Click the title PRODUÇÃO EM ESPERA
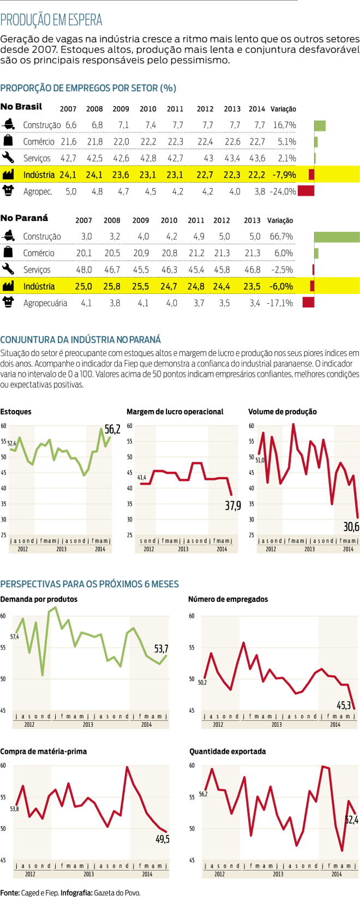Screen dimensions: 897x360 pos(51,21)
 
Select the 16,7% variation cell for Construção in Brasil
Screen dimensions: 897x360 pos(284,125)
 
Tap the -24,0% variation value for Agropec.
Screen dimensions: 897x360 pos(283,191)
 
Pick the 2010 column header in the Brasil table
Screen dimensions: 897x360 pos(148,109)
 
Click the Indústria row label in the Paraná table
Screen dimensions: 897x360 pos(39,286)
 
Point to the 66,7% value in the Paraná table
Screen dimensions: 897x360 pos(281,237)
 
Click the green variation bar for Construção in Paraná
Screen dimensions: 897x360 pos(337,237)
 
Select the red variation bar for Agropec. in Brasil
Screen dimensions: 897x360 pos(306,191)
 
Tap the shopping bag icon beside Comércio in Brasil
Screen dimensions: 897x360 pos(8,141)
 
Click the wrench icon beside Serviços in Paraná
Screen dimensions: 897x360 pos(8,269)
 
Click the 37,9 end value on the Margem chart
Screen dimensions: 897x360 pos(233,505)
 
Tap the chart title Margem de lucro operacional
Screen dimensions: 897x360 pos(175,412)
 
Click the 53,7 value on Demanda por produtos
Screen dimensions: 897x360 pos(161,649)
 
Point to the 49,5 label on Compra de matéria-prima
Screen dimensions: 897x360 pos(162,839)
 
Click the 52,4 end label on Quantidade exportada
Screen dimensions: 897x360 pos(351,819)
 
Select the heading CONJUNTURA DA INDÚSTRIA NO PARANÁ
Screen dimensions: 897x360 pos(81,340)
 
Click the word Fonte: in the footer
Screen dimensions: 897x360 pos(10,893)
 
